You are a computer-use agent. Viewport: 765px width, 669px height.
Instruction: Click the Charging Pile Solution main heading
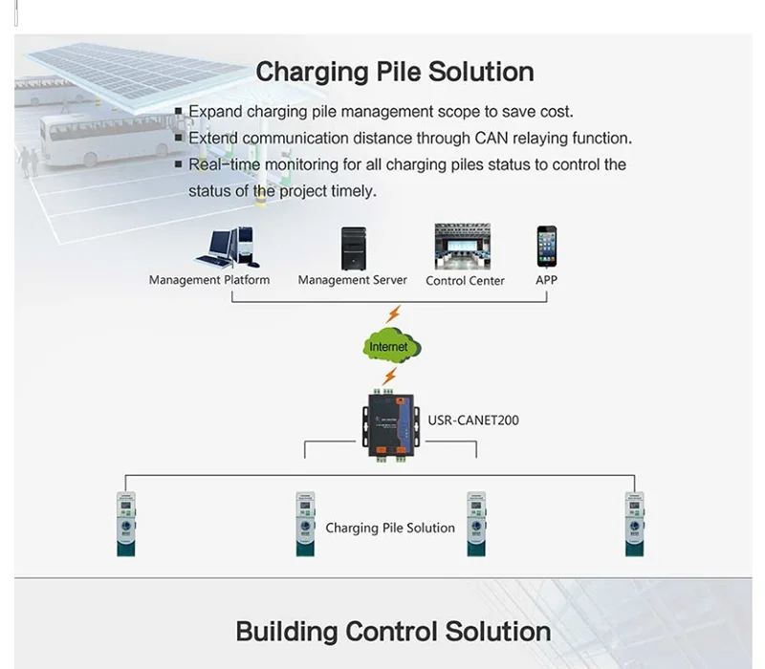pos(395,73)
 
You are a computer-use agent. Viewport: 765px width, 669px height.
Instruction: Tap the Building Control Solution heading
pos(393,632)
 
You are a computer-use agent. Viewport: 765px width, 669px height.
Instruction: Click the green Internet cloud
pos(392,347)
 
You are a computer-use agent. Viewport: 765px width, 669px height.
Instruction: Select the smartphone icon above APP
pos(546,247)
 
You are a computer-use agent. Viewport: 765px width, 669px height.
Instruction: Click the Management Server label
pos(352,280)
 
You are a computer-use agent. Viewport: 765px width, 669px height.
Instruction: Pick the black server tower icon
pos(354,248)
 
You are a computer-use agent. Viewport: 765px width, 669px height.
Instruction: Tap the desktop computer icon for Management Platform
pos(229,248)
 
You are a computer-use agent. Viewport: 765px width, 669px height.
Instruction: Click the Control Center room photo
pos(463,247)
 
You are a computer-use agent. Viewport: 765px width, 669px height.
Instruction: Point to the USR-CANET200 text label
pos(473,421)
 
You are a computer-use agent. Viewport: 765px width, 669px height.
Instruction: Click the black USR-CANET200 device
pos(391,425)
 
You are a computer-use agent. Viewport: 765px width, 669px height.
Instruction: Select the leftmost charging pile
pos(126,524)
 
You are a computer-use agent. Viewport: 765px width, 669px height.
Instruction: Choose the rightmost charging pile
pos(634,524)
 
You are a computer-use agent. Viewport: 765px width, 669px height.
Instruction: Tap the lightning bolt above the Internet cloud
pos(393,314)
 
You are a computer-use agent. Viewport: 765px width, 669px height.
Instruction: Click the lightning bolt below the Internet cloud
pos(389,377)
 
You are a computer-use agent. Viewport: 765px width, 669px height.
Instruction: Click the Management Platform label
pos(209,280)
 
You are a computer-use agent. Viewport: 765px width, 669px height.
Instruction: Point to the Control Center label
pos(465,281)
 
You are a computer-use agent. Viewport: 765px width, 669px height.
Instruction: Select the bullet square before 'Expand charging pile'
pos(179,111)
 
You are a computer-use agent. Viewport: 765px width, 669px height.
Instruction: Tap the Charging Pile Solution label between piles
pos(390,529)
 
